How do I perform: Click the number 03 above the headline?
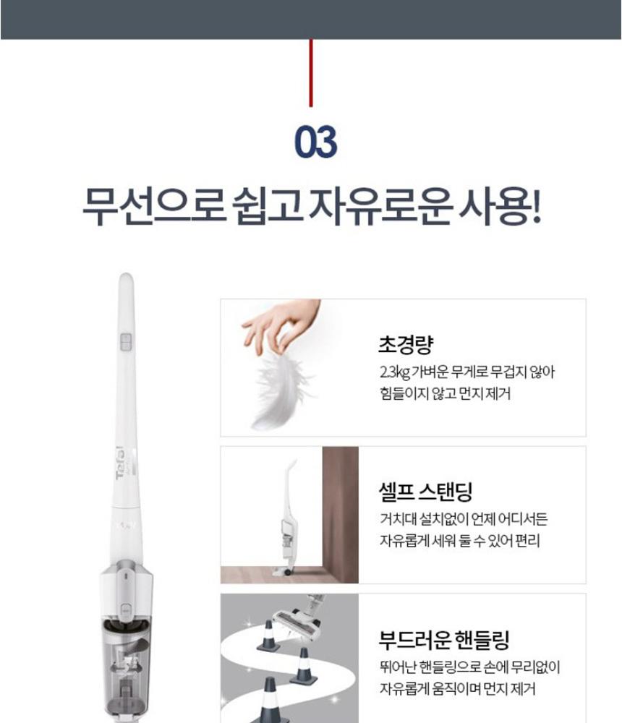(315, 142)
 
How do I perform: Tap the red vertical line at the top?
(310, 73)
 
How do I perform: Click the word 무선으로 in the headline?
(153, 205)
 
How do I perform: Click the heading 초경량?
(406, 344)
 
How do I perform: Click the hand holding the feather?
(281, 325)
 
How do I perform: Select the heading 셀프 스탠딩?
(425, 492)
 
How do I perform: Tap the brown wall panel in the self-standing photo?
(340, 514)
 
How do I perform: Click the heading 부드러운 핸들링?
(444, 639)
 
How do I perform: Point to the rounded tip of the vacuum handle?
(126, 278)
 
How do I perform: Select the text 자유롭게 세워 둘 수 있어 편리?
(459, 540)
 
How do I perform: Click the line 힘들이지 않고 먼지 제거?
(445, 393)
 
